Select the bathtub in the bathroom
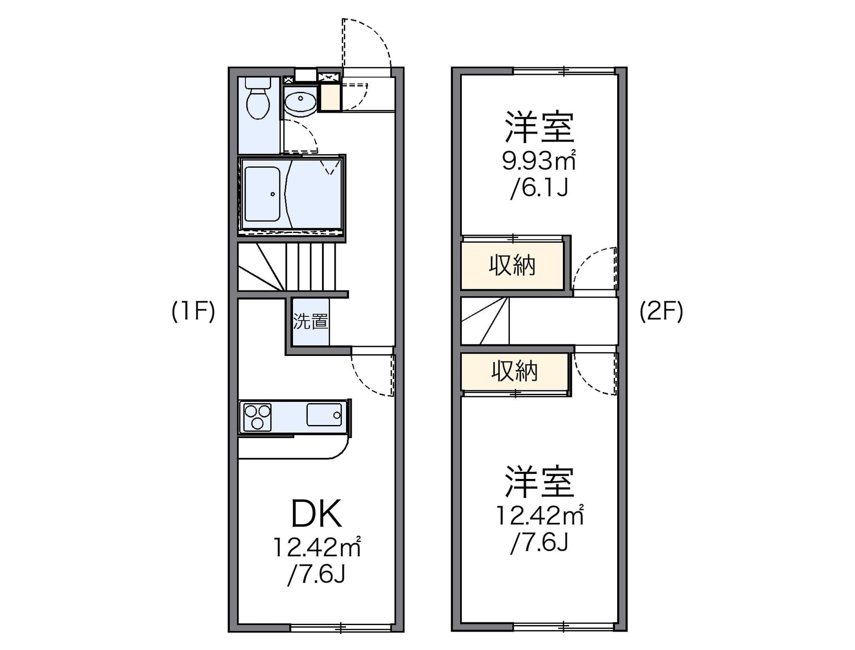pos(262,194)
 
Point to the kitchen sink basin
pos(324,415)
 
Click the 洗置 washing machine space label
pos(310,322)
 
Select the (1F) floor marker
pos(193,311)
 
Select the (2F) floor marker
pos(661,311)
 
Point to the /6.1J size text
pos(539,188)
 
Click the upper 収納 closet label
pos(512,266)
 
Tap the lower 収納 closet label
pos(514,371)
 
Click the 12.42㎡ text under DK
pos(316,548)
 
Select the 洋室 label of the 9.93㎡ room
pos(539,127)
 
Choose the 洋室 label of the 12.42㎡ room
pos(539,482)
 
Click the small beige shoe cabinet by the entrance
pos(330,97)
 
